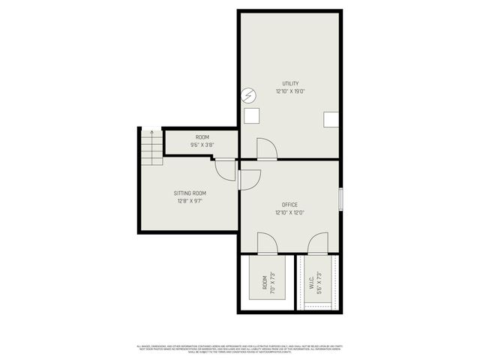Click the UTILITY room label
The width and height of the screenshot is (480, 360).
290,83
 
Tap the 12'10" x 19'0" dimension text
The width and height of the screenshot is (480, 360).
290,91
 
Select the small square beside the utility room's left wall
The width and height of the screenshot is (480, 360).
252,115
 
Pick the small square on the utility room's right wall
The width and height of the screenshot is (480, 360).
331,119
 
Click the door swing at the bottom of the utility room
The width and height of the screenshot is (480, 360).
266,149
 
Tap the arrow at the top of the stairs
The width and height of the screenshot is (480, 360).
152,133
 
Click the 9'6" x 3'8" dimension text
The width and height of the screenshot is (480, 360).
202,145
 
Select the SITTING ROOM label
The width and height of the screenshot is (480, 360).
190,193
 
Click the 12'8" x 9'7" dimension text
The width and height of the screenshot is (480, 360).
190,201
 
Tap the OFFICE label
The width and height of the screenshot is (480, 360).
289,205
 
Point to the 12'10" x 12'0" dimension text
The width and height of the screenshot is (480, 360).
289,213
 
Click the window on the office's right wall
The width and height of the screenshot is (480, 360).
340,199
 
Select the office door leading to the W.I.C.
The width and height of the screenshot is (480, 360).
318,244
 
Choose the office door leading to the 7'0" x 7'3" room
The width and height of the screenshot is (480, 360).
267,244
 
